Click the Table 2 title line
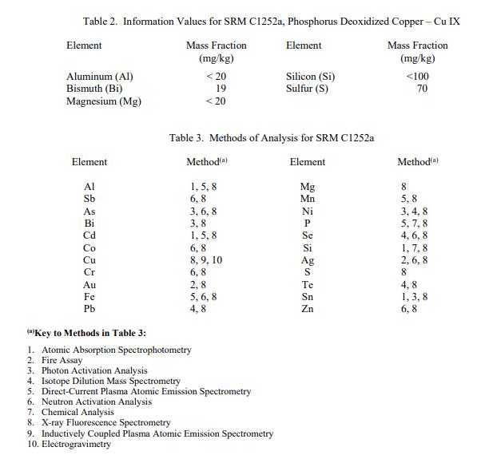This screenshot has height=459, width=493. [271, 21]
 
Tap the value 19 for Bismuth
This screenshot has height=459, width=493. [221, 89]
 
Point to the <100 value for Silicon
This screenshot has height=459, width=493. [417, 77]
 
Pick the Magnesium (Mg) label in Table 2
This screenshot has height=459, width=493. [103, 101]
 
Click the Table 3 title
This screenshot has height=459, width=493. [272, 138]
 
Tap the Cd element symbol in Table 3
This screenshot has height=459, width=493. [89, 235]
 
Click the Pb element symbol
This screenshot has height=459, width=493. [89, 308]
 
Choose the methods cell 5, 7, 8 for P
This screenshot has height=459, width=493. [414, 224]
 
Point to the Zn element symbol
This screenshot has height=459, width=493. [308, 308]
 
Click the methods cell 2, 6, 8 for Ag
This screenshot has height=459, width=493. [414, 259]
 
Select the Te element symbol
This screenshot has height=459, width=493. [308, 284]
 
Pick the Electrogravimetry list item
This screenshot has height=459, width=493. [77, 444]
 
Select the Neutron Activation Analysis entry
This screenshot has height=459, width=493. [96, 402]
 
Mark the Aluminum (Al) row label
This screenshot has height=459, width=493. [99, 77]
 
